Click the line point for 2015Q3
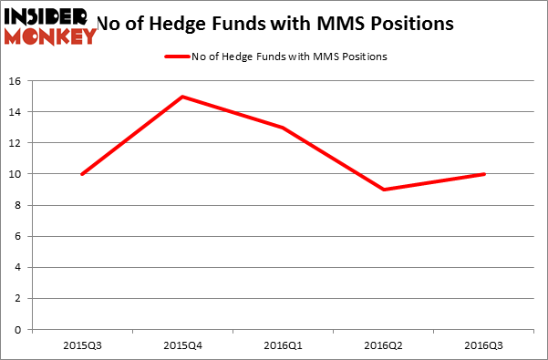(82, 174)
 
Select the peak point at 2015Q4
(182, 97)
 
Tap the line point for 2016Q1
(283, 128)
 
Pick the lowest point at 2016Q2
(384, 190)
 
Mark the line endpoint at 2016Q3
(484, 174)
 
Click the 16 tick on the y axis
(16, 81)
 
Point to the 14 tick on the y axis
(16, 112)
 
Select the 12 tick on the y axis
(16, 143)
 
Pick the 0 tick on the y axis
(19, 330)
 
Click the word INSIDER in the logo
(46, 17)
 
